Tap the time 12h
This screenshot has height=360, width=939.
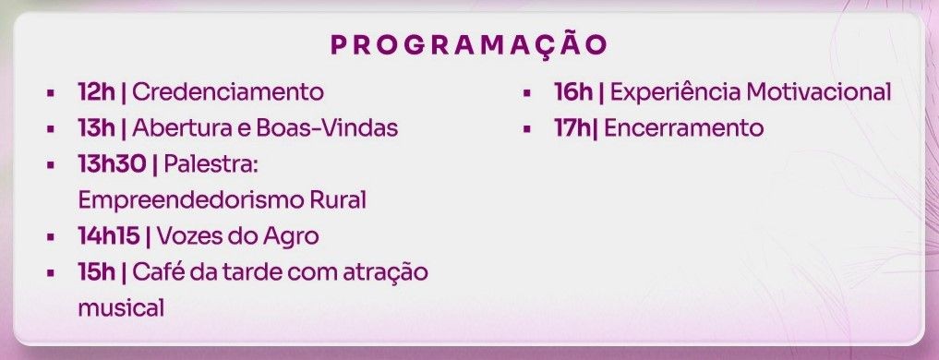point(96,92)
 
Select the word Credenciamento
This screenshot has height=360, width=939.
point(228,92)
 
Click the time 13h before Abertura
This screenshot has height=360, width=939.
point(96,128)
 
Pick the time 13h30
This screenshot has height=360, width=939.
point(112,164)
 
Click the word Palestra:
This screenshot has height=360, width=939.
point(211,164)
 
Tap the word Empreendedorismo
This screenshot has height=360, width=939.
point(190,200)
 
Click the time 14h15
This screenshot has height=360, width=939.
point(109,236)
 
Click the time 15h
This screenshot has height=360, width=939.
point(96,272)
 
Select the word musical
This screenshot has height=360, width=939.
point(121,308)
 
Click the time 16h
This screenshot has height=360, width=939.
point(573,92)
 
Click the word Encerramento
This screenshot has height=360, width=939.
point(684,128)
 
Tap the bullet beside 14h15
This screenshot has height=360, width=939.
point(51,237)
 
